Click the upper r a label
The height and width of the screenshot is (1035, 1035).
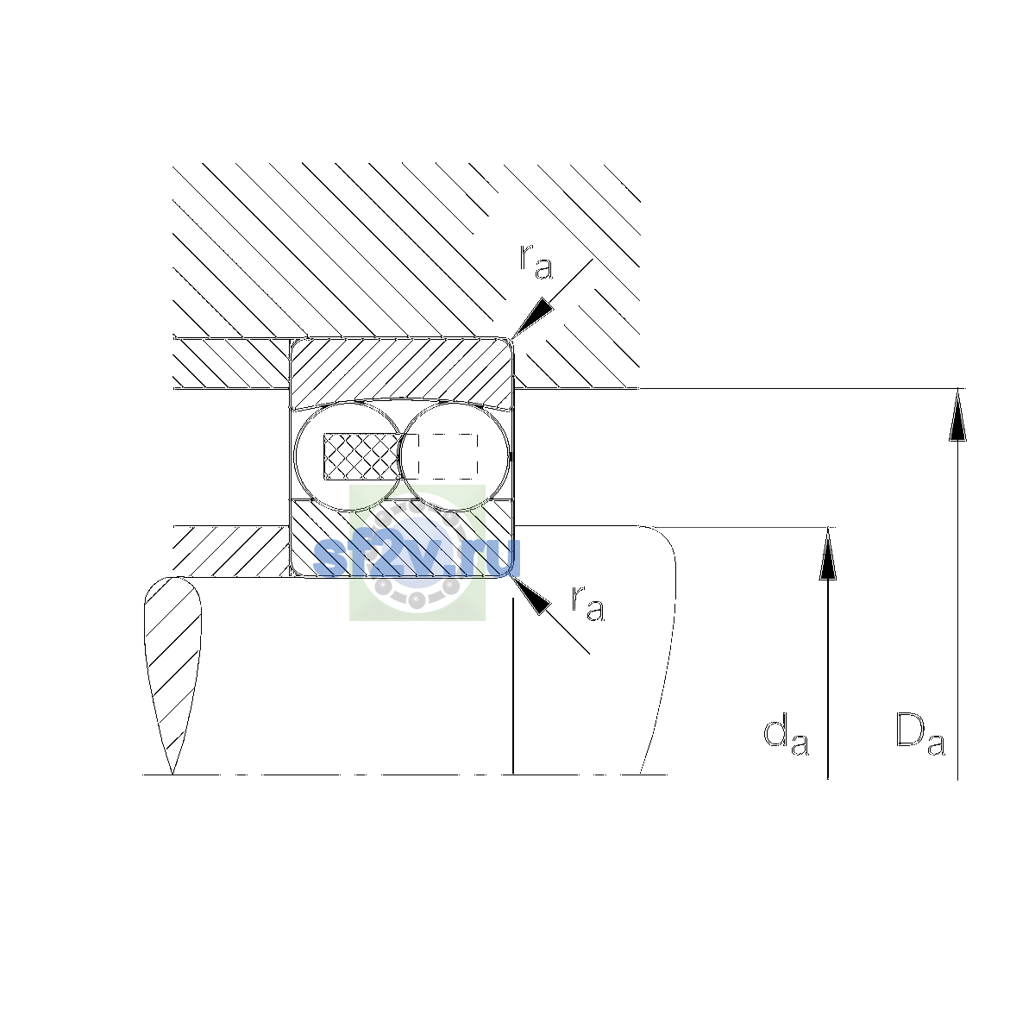(x=536, y=261)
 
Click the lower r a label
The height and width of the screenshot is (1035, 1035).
(x=587, y=603)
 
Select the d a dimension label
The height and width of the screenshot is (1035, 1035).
(x=786, y=734)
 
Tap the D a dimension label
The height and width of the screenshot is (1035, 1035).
(x=920, y=734)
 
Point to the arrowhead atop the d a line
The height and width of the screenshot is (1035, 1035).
(x=827, y=553)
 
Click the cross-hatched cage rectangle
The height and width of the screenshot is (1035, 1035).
(x=361, y=456)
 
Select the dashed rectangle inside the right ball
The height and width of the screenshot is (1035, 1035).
(x=447, y=456)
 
